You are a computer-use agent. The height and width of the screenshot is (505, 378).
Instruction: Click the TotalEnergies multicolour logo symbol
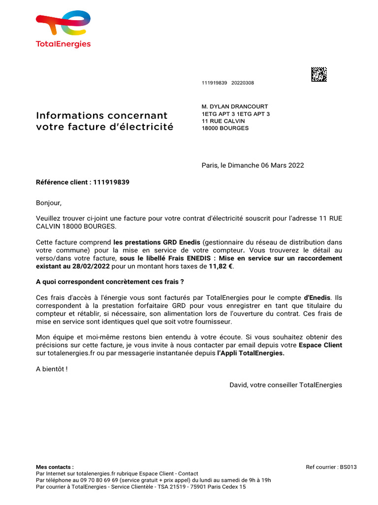click(x=63, y=24)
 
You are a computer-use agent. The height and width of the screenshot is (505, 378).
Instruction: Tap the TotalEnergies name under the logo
click(x=63, y=44)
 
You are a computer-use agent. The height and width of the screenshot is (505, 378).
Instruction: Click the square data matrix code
click(x=319, y=74)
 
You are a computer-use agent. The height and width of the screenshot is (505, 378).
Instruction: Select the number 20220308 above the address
click(x=243, y=83)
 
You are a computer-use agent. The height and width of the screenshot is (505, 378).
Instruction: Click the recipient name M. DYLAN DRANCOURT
click(x=235, y=107)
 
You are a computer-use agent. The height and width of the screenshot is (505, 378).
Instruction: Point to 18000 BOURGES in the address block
click(x=225, y=128)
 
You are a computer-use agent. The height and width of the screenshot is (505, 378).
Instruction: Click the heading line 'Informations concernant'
click(x=102, y=115)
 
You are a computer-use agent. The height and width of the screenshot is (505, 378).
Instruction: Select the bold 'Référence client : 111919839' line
click(x=83, y=182)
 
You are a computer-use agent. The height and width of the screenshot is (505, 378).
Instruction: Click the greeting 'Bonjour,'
click(x=49, y=203)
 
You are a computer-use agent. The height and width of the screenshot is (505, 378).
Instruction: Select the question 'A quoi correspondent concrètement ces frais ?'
click(x=110, y=282)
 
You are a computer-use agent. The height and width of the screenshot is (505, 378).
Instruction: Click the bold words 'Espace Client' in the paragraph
click(x=320, y=345)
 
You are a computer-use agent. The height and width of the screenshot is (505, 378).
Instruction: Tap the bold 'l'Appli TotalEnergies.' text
click(x=251, y=353)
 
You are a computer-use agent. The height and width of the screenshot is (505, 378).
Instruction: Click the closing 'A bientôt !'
click(x=52, y=369)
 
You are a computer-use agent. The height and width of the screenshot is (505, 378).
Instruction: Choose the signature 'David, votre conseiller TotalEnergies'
click(x=285, y=385)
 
